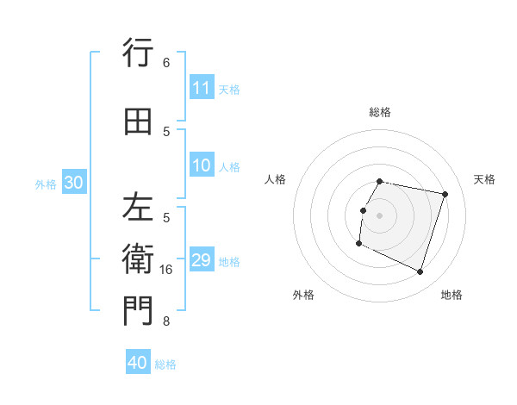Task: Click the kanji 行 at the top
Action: [x=138, y=53]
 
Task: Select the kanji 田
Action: [x=138, y=121]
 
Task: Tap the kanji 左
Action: [x=138, y=208]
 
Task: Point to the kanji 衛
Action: [x=138, y=259]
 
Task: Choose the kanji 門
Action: [x=138, y=311]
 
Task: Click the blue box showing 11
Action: [x=202, y=88]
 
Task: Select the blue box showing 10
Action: [x=202, y=165]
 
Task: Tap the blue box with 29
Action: [x=202, y=260]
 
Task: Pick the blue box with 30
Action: [x=73, y=183]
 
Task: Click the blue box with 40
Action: [x=138, y=363]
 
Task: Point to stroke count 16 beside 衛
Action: [x=166, y=270]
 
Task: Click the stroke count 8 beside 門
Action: [x=166, y=321]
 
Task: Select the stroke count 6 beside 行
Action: [x=166, y=63]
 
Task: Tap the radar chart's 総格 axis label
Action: [x=380, y=112]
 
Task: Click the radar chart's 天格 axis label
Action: [x=484, y=179]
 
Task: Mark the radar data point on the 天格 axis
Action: [x=445, y=194]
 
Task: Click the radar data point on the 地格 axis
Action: [x=420, y=272]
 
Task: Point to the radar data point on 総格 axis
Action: [x=380, y=182]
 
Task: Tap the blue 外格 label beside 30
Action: [x=46, y=184]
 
